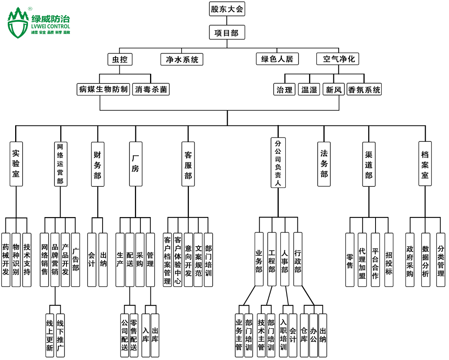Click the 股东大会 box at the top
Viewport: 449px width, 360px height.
pyautogui.click(x=227, y=9)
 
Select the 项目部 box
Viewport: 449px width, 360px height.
pyautogui.click(x=227, y=33)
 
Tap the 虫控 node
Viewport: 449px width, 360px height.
pyautogui.click(x=120, y=59)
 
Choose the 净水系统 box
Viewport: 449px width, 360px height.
pyautogui.click(x=182, y=59)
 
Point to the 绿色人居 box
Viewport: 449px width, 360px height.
pyautogui.click(x=277, y=59)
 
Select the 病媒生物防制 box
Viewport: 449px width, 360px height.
pyautogui.click(x=103, y=89)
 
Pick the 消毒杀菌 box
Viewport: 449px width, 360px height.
pyautogui.click(x=151, y=89)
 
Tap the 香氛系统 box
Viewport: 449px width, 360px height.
pyautogui.click(x=364, y=90)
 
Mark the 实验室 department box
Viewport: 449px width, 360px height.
pyautogui.click(x=16, y=164)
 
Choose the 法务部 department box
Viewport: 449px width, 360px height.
pyautogui.click(x=324, y=164)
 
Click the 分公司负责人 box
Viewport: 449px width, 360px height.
pyautogui.click(x=278, y=164)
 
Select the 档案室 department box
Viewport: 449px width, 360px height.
pyautogui.click(x=425, y=164)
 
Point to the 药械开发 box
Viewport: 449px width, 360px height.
pyautogui.click(x=5, y=259)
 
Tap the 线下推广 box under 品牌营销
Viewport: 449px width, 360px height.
pyautogui.click(x=60, y=335)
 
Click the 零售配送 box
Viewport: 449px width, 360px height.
pyautogui.click(x=133, y=335)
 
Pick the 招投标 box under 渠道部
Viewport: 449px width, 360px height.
pyautogui.click(x=389, y=259)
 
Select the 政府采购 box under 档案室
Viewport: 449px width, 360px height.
pyautogui.click(x=410, y=259)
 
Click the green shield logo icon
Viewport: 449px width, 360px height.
pyautogui.click(x=18, y=23)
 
